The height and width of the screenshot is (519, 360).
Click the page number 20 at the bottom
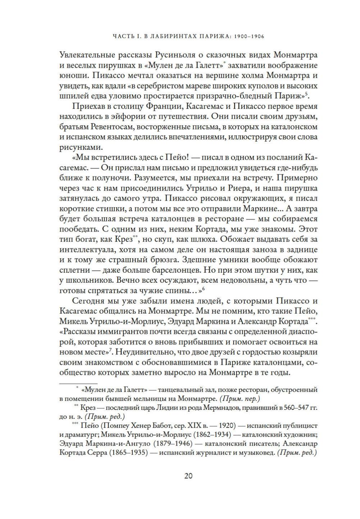[x=188, y=475]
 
